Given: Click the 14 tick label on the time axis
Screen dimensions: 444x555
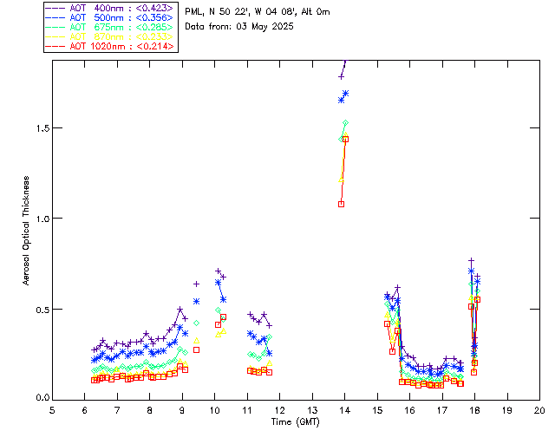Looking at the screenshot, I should point(345,409).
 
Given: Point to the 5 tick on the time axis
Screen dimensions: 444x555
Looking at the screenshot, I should point(52,409).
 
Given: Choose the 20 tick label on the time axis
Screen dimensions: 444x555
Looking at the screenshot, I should point(539,409).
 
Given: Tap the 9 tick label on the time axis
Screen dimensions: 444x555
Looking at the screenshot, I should point(182,409).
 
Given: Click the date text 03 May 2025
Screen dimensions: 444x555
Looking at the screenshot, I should point(265,27).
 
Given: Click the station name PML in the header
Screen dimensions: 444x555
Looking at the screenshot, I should point(193,12).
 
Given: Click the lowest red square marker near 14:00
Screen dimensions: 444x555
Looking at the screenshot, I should point(342,204).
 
